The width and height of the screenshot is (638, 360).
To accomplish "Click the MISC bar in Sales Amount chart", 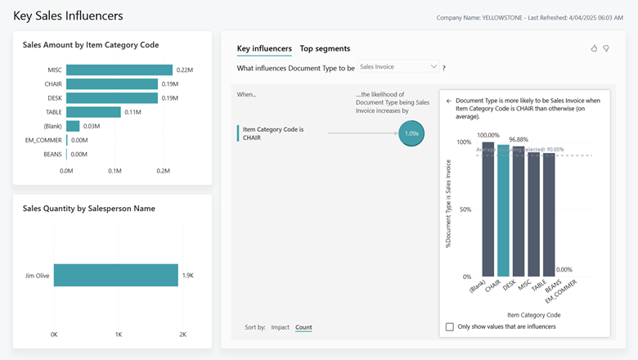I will [119, 70].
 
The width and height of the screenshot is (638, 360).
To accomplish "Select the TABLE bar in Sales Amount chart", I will [93, 112].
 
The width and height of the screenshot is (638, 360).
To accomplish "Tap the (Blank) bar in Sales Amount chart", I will [73, 126].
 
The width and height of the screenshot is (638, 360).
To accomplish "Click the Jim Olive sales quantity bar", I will [115, 276].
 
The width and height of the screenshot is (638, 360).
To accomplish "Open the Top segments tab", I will [325, 49].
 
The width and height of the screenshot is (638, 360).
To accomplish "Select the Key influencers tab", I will [264, 49].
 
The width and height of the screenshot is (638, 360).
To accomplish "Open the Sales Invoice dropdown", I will [398, 67].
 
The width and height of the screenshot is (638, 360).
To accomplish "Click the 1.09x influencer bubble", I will [411, 133].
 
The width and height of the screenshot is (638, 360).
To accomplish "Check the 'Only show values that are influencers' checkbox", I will [450, 326].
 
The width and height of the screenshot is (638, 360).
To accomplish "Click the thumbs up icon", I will [594, 49].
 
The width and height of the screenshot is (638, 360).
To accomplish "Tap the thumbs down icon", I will [606, 49].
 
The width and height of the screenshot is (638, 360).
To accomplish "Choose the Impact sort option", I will [280, 327].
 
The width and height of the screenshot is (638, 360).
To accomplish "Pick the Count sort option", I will [303, 327].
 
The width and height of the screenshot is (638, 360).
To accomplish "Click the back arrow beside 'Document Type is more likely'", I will [448, 101].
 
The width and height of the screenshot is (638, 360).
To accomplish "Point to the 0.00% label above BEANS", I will [564, 269].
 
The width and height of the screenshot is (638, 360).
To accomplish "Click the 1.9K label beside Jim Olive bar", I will [187, 276].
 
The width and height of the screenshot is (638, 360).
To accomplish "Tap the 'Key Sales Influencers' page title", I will [68, 16].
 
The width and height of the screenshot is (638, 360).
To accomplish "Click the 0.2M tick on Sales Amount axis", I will [163, 171].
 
